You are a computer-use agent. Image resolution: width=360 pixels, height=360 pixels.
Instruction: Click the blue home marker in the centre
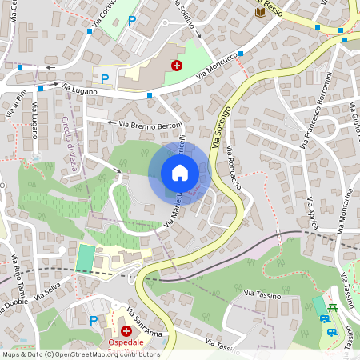(180, 173)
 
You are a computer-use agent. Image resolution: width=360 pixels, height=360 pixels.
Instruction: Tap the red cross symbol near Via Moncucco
(176, 66)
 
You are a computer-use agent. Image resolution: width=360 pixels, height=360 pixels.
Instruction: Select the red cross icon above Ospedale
(126, 330)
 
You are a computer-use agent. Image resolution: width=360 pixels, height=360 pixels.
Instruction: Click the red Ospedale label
(126, 342)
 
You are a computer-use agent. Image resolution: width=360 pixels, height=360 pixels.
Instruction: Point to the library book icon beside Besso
(260, 10)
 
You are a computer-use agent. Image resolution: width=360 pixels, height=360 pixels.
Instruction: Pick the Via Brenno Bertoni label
(150, 126)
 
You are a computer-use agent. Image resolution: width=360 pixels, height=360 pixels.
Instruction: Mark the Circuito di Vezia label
(71, 141)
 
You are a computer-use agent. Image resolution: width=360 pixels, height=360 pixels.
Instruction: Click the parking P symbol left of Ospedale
(94, 321)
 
